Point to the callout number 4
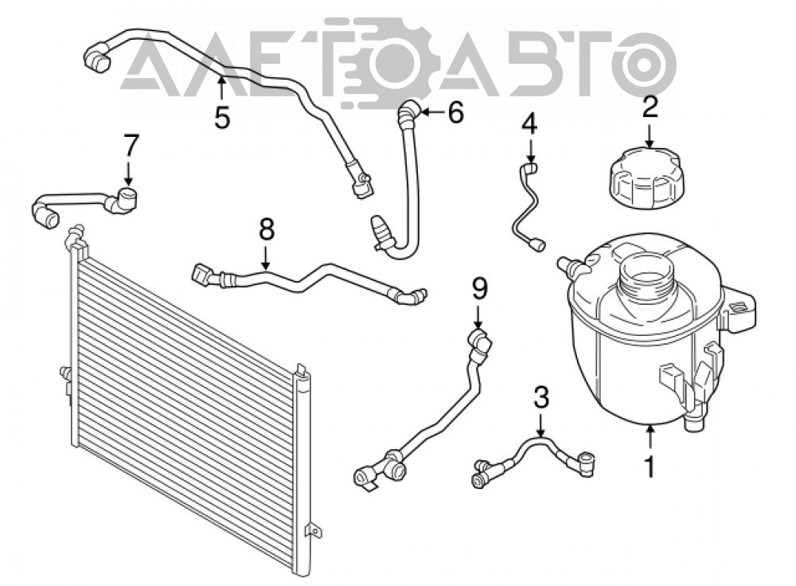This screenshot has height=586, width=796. click(x=529, y=124)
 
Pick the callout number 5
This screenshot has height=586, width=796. click(x=222, y=117)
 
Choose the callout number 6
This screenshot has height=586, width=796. click(x=455, y=111)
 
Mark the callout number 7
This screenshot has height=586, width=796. click(x=131, y=145)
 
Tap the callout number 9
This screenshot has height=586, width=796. click(x=479, y=290)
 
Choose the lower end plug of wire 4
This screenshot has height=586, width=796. click(x=537, y=245)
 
